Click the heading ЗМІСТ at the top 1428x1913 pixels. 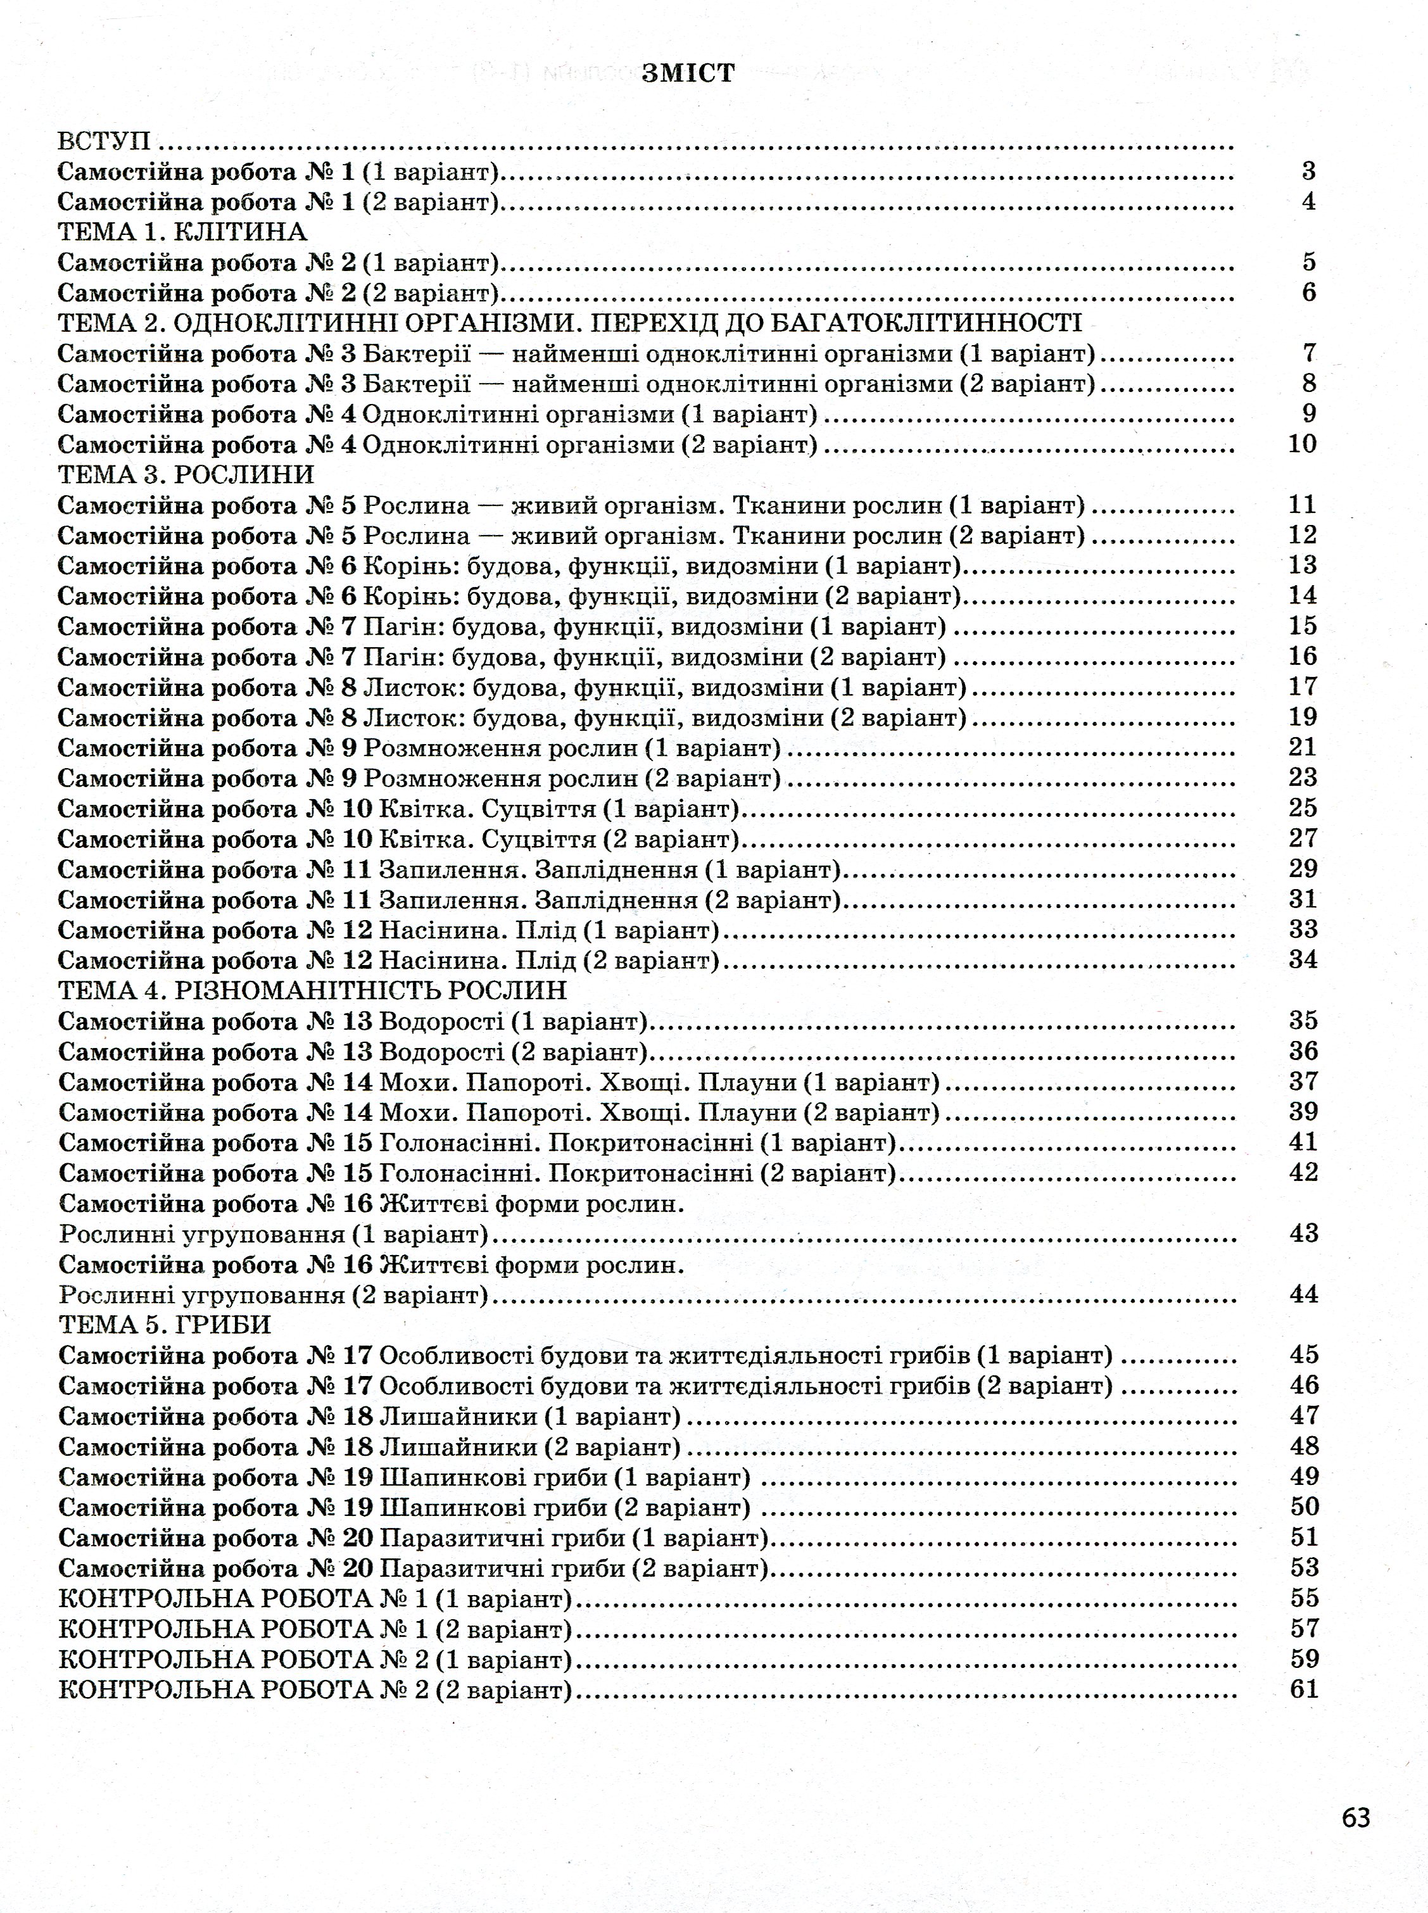pyautogui.click(x=688, y=74)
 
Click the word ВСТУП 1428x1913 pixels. pyautogui.click(x=104, y=141)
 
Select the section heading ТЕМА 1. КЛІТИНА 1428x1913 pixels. pyautogui.click(x=182, y=232)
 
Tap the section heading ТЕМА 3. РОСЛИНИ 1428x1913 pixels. pyautogui.click(x=186, y=474)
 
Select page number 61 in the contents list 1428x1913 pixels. pyautogui.click(x=1303, y=1688)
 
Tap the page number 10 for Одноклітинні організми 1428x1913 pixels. pyautogui.click(x=1303, y=445)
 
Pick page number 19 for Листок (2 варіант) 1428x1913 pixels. pyautogui.click(x=1303, y=717)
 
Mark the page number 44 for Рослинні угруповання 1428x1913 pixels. pyautogui.click(x=1303, y=1294)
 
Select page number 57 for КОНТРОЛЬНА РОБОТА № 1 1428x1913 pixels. pyautogui.click(x=1303, y=1629)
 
